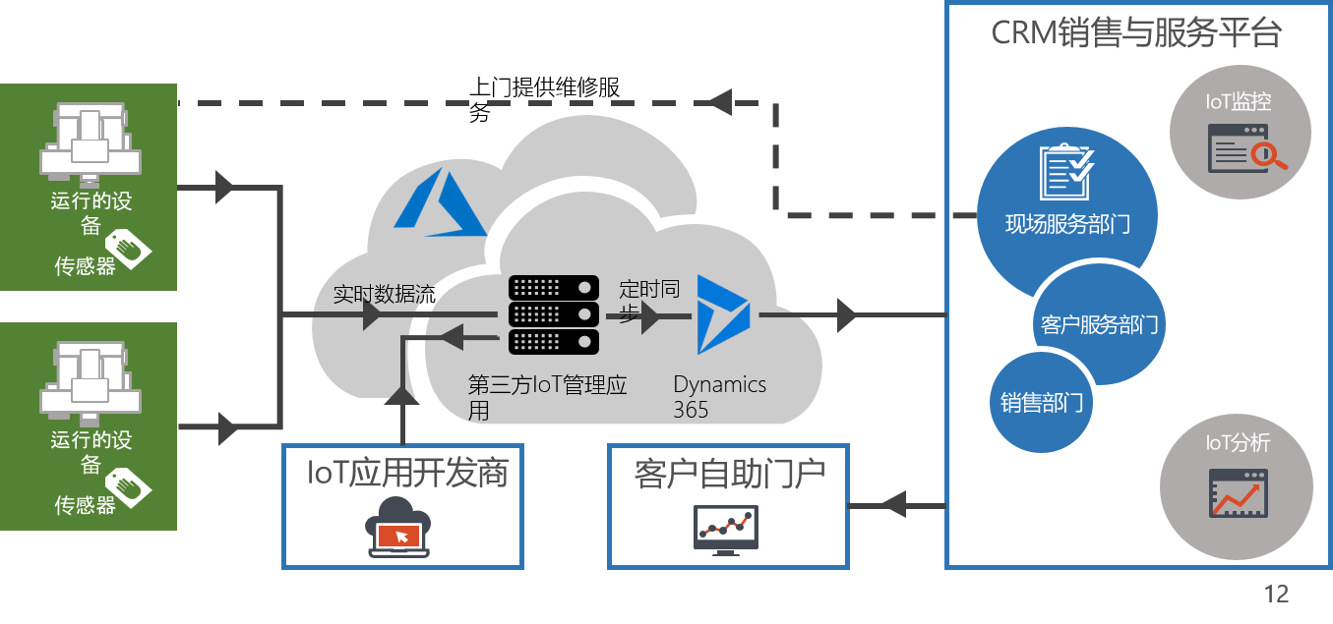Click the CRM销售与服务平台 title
click(1136, 33)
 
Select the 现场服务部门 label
click(1067, 224)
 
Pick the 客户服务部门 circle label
click(1099, 325)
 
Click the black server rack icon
click(554, 314)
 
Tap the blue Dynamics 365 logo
click(724, 314)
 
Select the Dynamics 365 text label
click(719, 397)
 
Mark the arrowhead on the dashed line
click(720, 100)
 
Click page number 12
click(1276, 594)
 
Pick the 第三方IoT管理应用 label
click(547, 396)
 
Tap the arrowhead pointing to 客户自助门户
click(891, 505)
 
